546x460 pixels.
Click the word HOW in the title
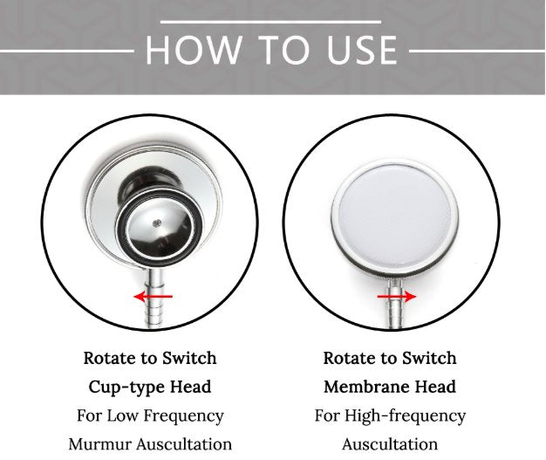click(194, 50)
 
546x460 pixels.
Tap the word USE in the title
click(362, 50)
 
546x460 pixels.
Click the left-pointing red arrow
click(154, 297)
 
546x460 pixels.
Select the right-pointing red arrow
click(397, 297)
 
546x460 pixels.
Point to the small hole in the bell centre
click(157, 223)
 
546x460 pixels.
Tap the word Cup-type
click(126, 388)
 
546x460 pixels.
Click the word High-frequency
click(405, 416)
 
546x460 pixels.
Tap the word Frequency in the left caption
click(183, 416)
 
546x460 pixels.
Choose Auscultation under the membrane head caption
click(390, 444)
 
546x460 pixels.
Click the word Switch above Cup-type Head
click(189, 358)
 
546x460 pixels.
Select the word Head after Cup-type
click(190, 387)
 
